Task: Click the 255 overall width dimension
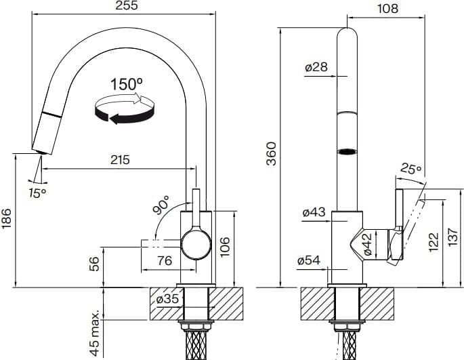click(127, 5)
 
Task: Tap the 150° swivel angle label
click(127, 84)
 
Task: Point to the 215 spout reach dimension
click(120, 160)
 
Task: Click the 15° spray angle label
click(37, 193)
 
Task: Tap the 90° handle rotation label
click(161, 204)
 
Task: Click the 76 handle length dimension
click(165, 261)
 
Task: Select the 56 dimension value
click(93, 264)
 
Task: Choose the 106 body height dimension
click(225, 247)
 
